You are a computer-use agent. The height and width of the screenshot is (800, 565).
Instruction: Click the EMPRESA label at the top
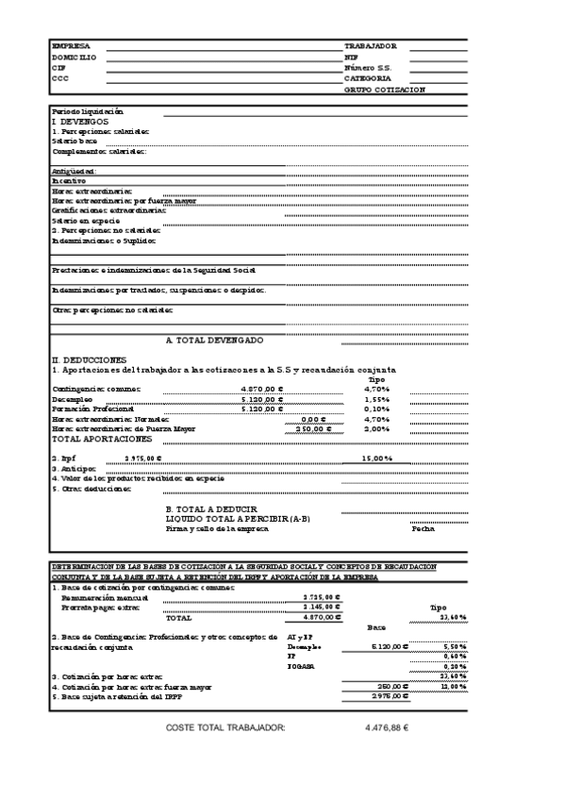click(x=71, y=46)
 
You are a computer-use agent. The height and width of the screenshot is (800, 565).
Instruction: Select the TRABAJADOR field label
click(x=371, y=46)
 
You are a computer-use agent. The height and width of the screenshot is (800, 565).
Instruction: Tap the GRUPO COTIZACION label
click(x=385, y=90)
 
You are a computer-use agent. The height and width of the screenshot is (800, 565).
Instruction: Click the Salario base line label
click(x=75, y=141)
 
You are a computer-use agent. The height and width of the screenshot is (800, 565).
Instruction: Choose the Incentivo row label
click(x=69, y=180)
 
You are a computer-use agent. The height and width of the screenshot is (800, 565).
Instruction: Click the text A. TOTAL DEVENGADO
click(x=214, y=340)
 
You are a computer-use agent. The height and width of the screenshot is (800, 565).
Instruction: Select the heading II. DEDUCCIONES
click(x=88, y=359)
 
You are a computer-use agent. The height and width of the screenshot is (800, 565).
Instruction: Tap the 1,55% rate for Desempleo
click(x=376, y=399)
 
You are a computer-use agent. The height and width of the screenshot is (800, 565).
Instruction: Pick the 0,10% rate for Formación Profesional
click(x=376, y=409)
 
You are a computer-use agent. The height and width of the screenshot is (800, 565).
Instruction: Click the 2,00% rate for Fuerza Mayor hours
click(x=376, y=429)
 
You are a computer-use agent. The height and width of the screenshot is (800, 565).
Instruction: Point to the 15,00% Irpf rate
click(x=377, y=458)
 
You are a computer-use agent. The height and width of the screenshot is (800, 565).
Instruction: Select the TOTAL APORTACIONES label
click(x=101, y=440)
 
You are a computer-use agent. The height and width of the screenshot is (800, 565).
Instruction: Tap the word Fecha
click(x=424, y=528)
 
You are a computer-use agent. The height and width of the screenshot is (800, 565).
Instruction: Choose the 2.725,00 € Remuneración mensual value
click(x=323, y=597)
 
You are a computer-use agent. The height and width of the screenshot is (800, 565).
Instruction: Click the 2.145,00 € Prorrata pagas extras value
click(x=323, y=608)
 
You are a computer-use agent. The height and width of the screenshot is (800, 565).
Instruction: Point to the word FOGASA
click(x=299, y=666)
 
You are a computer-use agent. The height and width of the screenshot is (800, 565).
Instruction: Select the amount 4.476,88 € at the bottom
click(x=386, y=728)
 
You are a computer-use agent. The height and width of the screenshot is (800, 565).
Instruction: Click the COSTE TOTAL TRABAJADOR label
click(x=224, y=728)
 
